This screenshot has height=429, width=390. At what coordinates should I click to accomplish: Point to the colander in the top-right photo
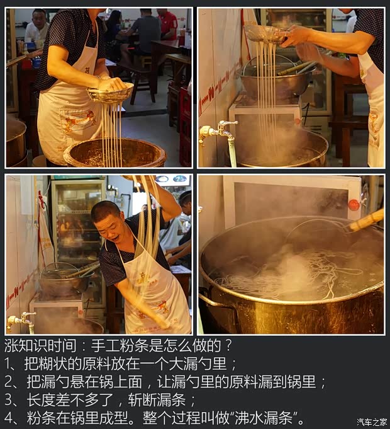pyautogui.click(x=264, y=33)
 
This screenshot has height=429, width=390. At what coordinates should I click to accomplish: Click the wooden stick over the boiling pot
pyautogui.click(x=365, y=220)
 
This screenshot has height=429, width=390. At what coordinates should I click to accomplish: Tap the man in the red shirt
pyautogui.click(x=167, y=24)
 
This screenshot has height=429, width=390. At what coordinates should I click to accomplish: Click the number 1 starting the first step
pyautogui.click(x=8, y=363)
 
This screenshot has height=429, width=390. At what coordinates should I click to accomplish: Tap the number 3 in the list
pyautogui.click(x=8, y=400)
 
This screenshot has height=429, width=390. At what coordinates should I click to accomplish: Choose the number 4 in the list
pyautogui.click(x=8, y=418)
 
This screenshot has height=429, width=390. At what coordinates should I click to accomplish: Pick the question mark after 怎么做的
pyautogui.click(x=228, y=345)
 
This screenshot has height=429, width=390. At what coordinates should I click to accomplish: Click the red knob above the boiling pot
pyautogui.click(x=354, y=205)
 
